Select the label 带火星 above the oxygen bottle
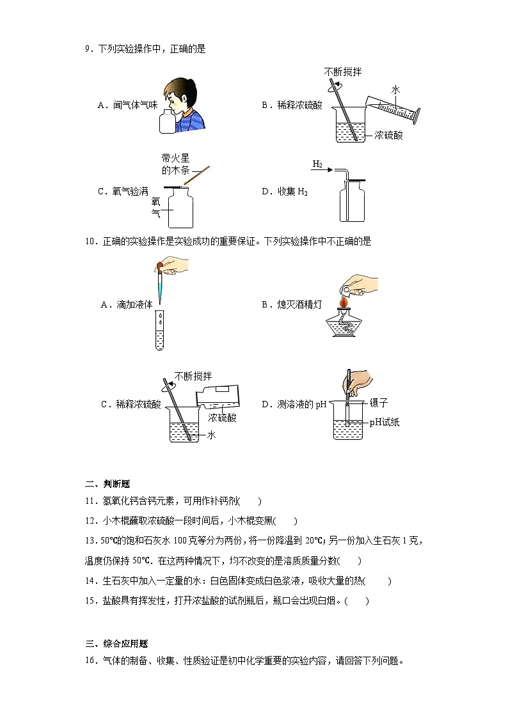pos(176,157)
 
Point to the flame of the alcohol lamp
pos(344,300)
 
